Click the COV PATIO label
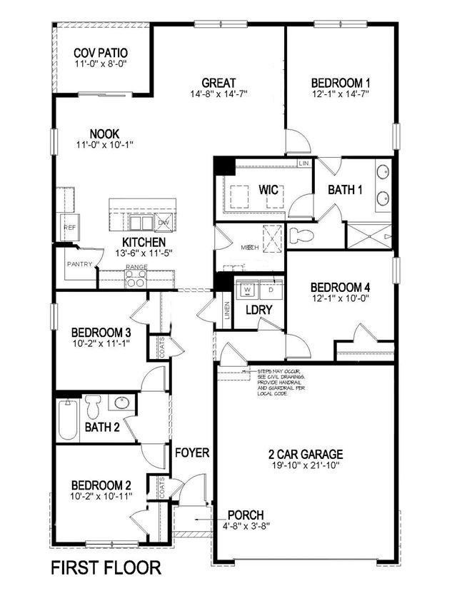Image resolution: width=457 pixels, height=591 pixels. click(101, 54)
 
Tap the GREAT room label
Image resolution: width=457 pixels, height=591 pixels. click(219, 83)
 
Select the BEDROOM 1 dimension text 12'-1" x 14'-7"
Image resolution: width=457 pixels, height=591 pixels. click(340, 94)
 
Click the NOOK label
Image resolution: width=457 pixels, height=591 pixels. click(104, 133)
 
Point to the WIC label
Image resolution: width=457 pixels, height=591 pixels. click(268, 190)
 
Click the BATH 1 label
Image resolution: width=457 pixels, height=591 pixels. click(345, 190)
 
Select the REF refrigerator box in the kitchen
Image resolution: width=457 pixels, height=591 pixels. click(69, 227)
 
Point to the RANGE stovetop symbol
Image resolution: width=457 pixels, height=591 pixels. click(136, 279)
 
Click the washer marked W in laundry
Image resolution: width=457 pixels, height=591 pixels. click(248, 291)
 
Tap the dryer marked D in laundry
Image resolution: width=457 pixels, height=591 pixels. click(271, 291)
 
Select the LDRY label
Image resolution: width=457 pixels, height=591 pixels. click(256, 310)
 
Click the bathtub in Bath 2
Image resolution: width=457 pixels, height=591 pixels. click(69, 418)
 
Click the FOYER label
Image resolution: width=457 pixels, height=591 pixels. click(192, 453)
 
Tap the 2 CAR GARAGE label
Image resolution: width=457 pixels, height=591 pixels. click(305, 454)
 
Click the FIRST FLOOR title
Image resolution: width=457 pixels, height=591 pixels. click(106, 568)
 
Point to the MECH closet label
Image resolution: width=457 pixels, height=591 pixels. click(248, 247)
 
